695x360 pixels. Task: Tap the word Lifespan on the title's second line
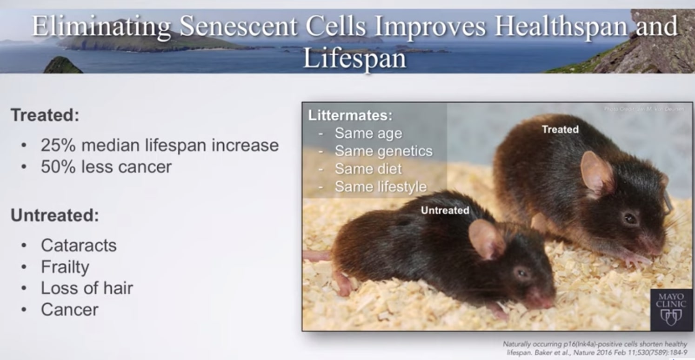(x=354, y=59)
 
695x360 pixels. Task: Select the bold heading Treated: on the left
(x=45, y=115)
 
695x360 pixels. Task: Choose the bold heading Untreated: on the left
(x=55, y=215)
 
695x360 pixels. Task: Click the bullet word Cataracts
(x=79, y=245)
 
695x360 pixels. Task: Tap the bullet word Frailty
(x=65, y=267)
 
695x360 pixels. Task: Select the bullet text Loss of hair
(x=87, y=288)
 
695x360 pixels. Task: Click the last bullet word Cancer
(x=70, y=310)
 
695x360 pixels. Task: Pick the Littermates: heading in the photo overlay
(x=350, y=115)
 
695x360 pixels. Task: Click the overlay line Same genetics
(x=383, y=151)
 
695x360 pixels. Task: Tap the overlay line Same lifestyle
(x=381, y=187)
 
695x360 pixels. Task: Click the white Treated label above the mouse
(x=560, y=129)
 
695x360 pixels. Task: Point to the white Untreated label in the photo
(x=445, y=210)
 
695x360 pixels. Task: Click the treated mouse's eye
(x=630, y=218)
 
